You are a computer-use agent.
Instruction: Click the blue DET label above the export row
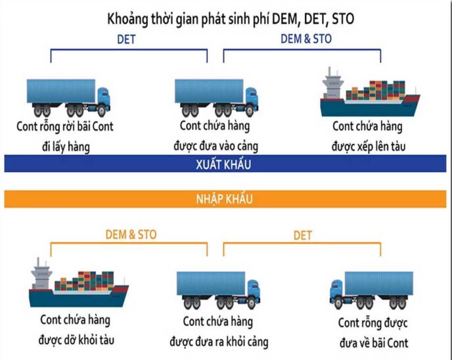click(x=126, y=39)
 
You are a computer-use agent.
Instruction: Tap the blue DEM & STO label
click(x=306, y=39)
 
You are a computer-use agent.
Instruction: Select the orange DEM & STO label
click(x=131, y=235)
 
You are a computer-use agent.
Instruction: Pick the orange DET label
click(x=303, y=235)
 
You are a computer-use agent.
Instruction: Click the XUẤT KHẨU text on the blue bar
click(x=223, y=164)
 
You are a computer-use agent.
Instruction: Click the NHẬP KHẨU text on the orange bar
click(x=224, y=199)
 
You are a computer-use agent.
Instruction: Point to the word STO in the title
click(x=343, y=19)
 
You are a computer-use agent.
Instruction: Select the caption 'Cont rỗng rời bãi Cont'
click(x=65, y=126)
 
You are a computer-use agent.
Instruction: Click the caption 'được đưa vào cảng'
click(x=215, y=146)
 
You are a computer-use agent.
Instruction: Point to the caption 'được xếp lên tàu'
click(x=369, y=146)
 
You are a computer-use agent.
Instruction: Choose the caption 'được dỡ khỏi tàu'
click(x=76, y=340)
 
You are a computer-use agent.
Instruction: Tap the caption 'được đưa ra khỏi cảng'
click(x=219, y=342)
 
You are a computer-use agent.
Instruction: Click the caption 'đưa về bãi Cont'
click(x=374, y=343)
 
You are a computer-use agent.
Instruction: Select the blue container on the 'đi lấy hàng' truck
click(x=61, y=91)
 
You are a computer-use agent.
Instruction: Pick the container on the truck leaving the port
click(x=211, y=284)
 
